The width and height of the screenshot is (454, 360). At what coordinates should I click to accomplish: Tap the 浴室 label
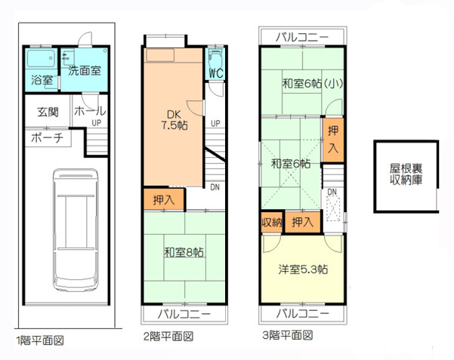(x=42, y=79)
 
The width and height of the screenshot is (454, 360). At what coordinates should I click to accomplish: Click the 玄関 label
(x=47, y=113)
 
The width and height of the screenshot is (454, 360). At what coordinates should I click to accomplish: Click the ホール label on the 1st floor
(x=90, y=111)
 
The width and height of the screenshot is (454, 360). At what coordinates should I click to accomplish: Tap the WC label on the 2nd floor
(x=215, y=73)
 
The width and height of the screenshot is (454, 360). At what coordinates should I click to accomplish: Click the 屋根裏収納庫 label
(x=405, y=175)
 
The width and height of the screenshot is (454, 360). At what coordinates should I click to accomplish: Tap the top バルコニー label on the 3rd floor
(x=302, y=36)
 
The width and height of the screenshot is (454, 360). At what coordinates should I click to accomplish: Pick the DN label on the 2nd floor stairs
(x=215, y=187)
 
